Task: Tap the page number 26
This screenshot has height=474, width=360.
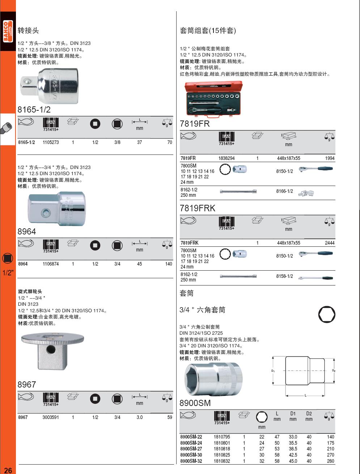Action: coord(8,470)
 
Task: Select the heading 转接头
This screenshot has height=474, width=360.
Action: coord(28,30)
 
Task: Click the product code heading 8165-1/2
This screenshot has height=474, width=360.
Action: coord(34,110)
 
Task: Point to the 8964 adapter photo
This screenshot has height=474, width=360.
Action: coord(56,208)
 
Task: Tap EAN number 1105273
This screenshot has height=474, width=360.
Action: coord(51,143)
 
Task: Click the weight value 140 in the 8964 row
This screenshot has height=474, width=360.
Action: coord(168,264)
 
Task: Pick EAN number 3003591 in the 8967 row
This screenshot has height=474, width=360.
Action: coord(51,417)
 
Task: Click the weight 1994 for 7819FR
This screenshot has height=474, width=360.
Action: coord(330,158)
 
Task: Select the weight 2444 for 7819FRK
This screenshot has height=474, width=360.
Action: coord(330,243)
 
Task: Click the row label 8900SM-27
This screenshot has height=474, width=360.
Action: coord(191,449)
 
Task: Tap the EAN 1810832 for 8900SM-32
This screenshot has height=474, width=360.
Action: coord(221,461)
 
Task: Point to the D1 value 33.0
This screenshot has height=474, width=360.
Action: coord(293,437)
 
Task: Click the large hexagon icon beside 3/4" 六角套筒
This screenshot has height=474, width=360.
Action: coord(327,315)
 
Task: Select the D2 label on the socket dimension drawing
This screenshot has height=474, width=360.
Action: coord(334,371)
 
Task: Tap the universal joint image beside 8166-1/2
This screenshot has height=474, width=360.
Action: coord(306,193)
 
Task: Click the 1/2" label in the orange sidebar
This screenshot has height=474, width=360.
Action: coord(8,273)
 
